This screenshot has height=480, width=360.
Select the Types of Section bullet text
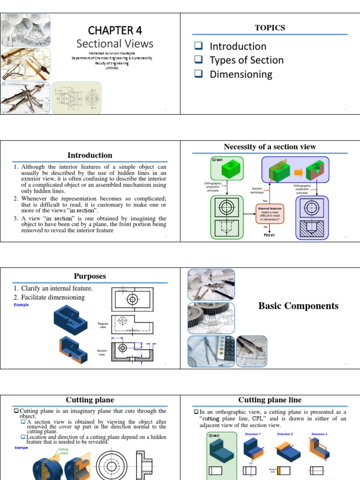pos(246,60)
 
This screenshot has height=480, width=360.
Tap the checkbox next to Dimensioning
pos(198,74)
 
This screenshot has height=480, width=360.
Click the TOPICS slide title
pos(270,28)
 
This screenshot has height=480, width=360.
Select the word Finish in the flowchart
pos(269,235)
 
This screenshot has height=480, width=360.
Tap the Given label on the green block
pos(217,160)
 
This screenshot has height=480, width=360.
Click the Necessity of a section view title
pos(270,147)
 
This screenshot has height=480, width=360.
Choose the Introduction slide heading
pos(90,155)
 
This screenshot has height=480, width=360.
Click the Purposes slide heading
pos(90,276)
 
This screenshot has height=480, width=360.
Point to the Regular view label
pos(103,325)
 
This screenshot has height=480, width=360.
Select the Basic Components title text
pos(298,306)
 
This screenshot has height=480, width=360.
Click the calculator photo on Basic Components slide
pos(210,352)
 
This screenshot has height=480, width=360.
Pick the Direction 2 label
pos(285,435)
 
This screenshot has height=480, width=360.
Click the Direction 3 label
pos(319,435)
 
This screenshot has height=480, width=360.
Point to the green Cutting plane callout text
pos(63,451)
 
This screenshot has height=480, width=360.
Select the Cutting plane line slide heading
pos(270,400)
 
